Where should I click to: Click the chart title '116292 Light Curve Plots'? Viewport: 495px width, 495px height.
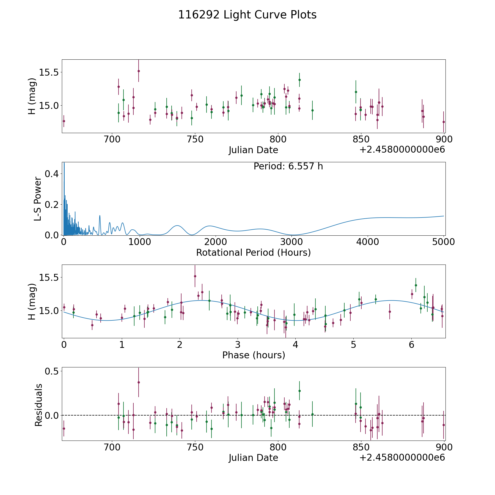point(247,15)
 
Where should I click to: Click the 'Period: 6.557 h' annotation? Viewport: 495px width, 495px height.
point(288,166)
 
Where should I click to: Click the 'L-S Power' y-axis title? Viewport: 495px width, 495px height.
point(38,199)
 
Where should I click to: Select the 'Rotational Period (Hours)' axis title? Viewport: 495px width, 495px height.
point(253,252)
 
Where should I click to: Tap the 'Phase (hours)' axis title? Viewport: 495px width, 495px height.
point(253,355)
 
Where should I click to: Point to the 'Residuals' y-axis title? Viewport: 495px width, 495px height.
point(38,405)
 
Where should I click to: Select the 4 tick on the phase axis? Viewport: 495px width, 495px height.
point(295,345)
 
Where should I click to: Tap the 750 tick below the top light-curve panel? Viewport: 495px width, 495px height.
point(195,139)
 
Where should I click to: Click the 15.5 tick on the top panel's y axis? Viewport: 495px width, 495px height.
point(49,73)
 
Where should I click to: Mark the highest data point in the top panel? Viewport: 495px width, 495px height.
point(139,71)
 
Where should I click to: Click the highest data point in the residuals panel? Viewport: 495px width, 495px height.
point(139,382)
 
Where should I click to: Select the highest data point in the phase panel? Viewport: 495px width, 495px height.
point(195,276)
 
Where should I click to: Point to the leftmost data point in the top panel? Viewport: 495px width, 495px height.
point(64,121)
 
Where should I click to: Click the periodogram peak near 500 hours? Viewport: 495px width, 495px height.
point(100,216)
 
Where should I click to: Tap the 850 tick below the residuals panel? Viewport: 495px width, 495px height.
point(361,447)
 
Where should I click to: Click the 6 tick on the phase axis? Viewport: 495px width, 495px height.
point(411,345)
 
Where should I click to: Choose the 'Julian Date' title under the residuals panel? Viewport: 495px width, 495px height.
point(253,458)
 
